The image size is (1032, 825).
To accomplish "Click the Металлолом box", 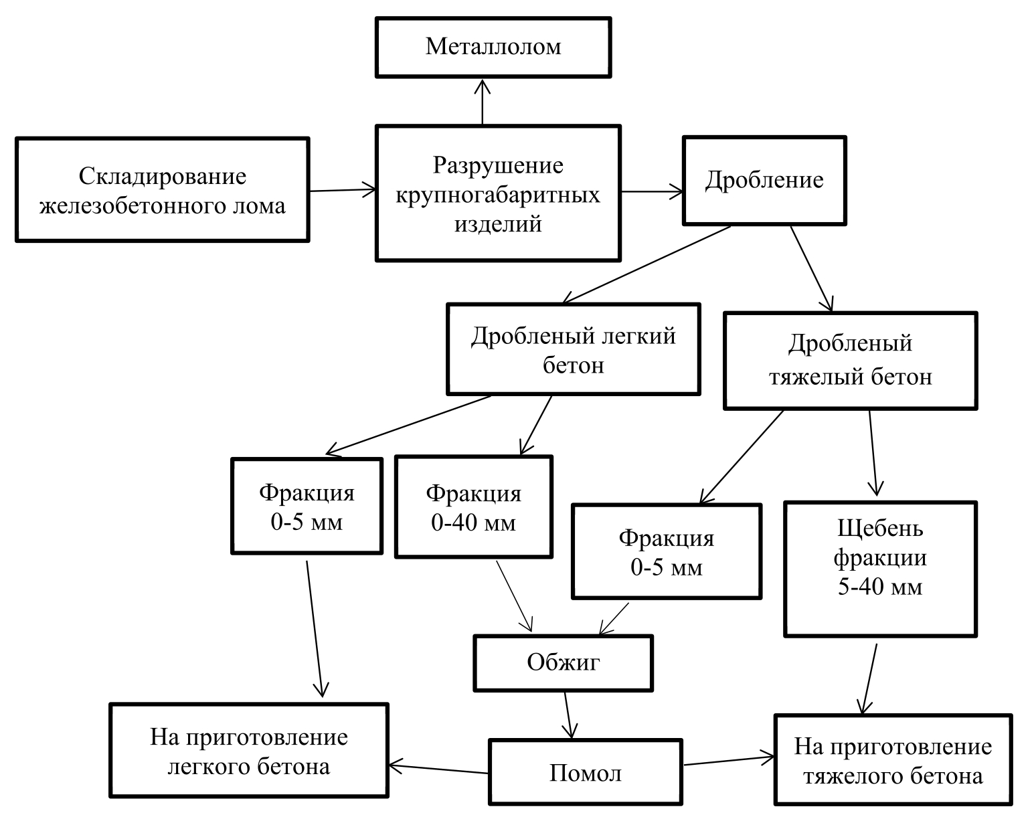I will click(493, 47).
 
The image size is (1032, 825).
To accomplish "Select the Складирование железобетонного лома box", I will click(162, 190).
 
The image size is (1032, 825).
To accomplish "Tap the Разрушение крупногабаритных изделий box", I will click(498, 193).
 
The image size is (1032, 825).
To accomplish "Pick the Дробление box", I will click(764, 181).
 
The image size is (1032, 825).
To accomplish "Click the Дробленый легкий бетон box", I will click(573, 349).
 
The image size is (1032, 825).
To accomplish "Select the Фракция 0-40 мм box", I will click(474, 507).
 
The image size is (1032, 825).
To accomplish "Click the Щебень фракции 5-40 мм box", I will click(880, 569).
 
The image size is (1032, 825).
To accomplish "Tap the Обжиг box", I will click(563, 662).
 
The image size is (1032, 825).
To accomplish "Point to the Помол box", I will click(585, 773).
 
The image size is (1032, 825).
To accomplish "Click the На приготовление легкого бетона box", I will click(249, 750).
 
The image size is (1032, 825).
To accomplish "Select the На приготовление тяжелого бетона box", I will click(893, 760).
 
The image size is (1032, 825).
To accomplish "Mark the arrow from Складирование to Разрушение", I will click(343, 190).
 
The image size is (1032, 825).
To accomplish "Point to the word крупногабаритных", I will click(498, 195).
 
